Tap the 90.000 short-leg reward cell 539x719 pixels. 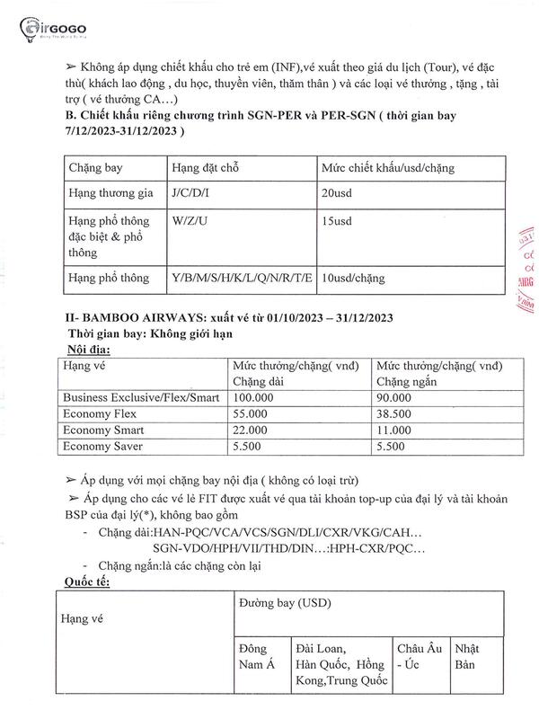point(394,396)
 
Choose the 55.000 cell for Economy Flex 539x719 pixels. point(252,413)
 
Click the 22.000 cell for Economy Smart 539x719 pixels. point(252,431)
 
